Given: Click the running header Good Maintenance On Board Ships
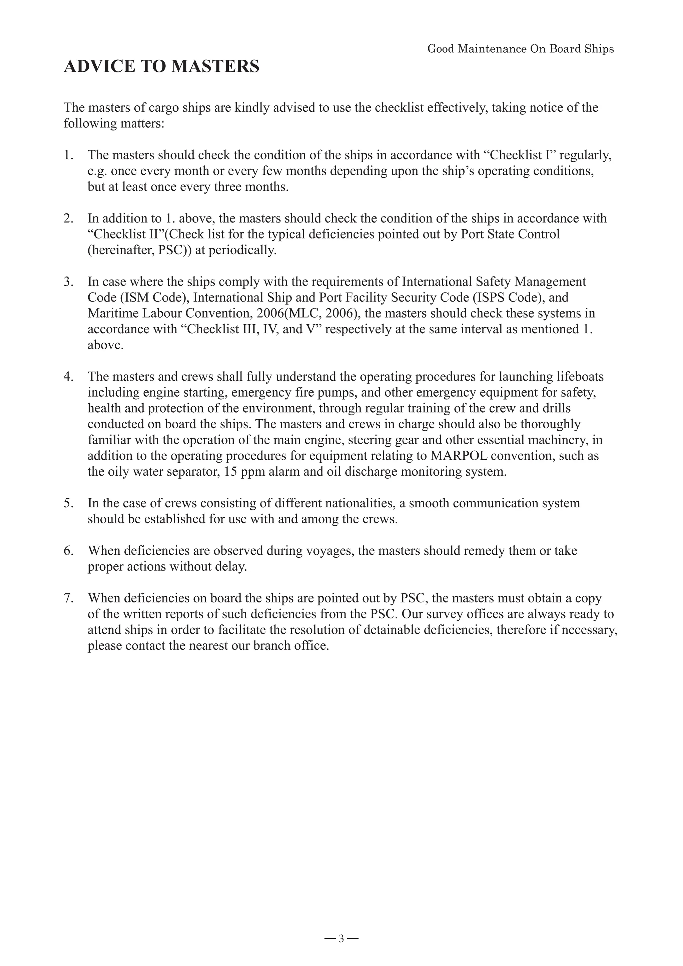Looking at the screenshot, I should [520, 49].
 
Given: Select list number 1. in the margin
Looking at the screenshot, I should [69, 155].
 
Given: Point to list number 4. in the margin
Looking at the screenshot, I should [69, 377].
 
